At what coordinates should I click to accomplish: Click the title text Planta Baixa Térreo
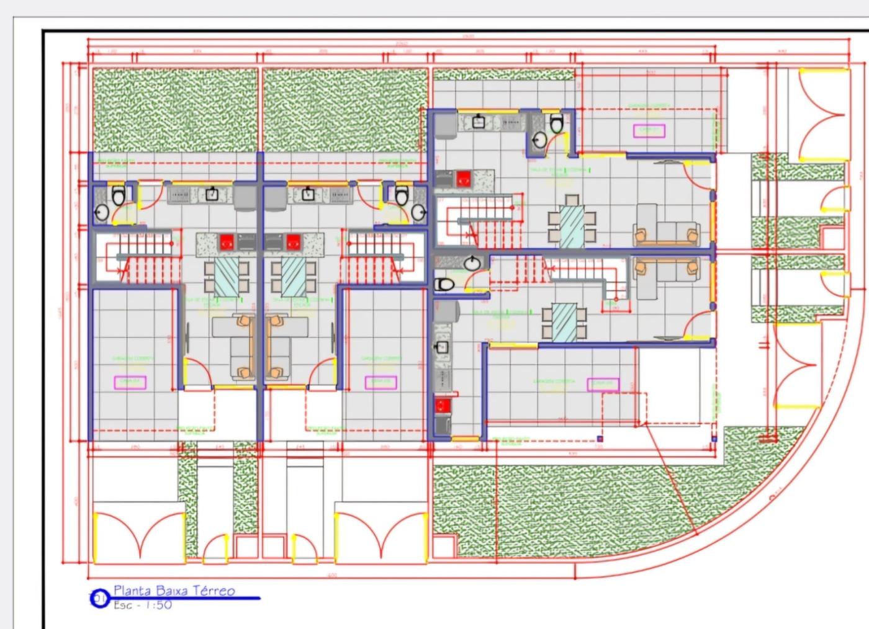(x=174, y=591)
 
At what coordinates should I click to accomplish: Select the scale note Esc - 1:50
(x=142, y=604)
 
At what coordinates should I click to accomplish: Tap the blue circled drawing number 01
(x=99, y=599)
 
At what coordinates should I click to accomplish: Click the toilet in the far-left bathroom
(x=118, y=197)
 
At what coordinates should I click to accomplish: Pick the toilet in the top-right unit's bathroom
(x=557, y=123)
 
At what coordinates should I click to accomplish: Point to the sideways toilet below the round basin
(x=445, y=285)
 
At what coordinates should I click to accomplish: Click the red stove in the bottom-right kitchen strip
(x=443, y=406)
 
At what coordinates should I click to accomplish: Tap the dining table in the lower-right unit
(x=564, y=322)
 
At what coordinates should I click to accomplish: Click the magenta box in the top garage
(x=649, y=131)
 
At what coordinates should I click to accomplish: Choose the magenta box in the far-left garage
(x=130, y=382)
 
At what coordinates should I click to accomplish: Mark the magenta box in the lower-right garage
(x=603, y=385)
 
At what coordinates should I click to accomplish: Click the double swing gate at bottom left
(x=140, y=535)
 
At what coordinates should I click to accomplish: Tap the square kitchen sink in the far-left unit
(x=212, y=195)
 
